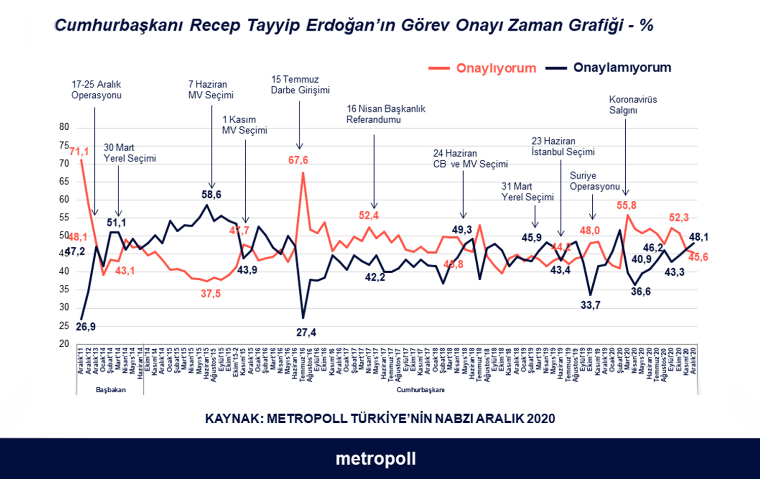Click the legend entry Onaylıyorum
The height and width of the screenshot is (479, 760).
496,68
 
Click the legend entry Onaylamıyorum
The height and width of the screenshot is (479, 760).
622,67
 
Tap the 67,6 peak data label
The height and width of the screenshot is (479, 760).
298,160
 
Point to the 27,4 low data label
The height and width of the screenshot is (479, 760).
306,333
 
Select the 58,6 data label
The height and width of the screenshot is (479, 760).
211,195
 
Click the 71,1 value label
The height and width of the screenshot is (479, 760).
79,152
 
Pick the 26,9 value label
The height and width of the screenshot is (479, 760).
86,327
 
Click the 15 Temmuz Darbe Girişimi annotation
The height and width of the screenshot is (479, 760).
300,85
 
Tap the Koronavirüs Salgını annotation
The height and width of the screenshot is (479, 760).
632,105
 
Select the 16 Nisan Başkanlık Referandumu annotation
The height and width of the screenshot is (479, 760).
386,114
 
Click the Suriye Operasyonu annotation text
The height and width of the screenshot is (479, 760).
594,181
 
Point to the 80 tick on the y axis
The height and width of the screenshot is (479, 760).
64,127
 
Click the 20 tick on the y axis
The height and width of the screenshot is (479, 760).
64,344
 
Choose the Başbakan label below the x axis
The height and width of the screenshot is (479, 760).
110,390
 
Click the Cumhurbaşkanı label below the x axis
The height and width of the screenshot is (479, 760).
420,390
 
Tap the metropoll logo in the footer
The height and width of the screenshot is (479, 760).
375,459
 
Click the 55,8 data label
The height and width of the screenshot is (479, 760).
626,205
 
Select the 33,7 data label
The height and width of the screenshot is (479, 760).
590,305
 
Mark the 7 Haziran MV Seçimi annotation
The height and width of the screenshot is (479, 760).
211,90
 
